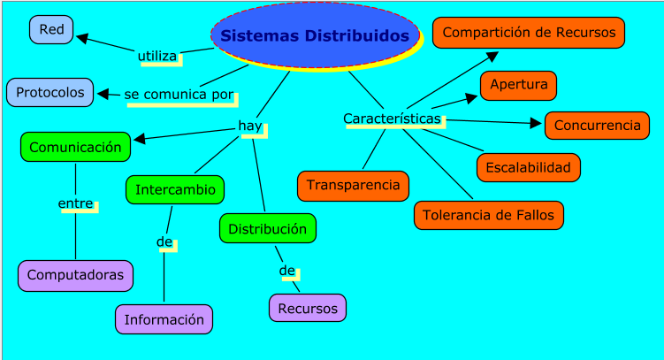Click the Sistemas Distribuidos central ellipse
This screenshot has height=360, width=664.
point(316,36)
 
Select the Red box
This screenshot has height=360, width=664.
point(51,30)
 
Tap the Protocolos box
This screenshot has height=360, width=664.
point(50,92)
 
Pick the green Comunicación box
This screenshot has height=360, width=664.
point(75,147)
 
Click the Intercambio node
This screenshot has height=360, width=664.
point(175,189)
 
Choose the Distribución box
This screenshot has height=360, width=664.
point(267,228)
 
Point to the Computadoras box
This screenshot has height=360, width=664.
point(75,275)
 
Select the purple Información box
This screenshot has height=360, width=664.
point(164,319)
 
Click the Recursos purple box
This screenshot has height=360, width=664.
point(307,308)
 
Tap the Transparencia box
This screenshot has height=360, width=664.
point(353,186)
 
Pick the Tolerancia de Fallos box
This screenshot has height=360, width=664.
point(488,215)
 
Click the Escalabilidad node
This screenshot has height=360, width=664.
point(528,167)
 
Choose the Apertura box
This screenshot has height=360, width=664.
point(518,85)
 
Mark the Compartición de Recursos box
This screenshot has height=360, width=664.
point(529,33)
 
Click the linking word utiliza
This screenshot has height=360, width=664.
point(157,56)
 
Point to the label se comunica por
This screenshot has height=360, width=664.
point(179,94)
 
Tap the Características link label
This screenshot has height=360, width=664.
point(391,119)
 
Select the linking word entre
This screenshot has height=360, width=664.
point(75,203)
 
